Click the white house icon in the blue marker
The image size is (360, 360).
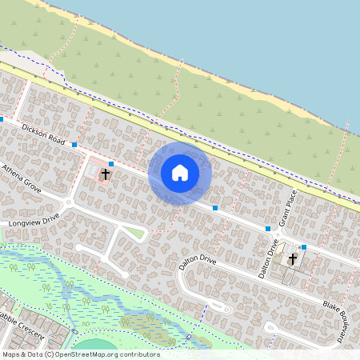tap(180, 173)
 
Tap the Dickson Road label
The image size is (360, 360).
tap(42, 132)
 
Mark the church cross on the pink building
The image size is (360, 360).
tap(105, 173)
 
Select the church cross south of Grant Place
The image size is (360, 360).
tap(292, 259)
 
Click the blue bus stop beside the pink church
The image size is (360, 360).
tap(110, 164)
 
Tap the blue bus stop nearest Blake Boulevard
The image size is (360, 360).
tap(304, 247)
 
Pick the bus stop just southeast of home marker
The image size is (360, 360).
tap(215, 208)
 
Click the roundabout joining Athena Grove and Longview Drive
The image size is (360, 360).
tap(69, 203)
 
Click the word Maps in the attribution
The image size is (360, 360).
tap(11, 354)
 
